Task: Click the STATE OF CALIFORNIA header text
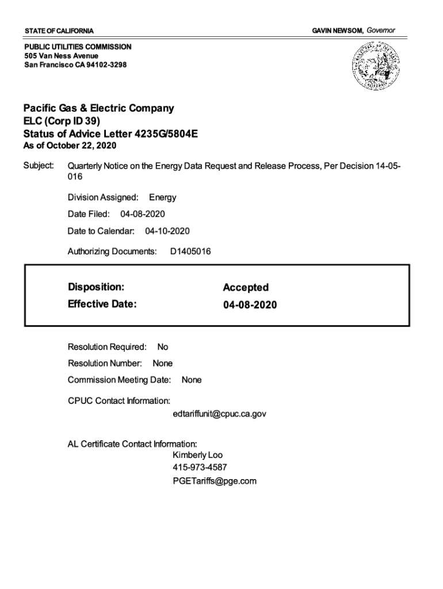click(x=59, y=30)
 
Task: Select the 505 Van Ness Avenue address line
click(x=61, y=56)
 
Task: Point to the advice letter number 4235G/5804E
click(x=166, y=133)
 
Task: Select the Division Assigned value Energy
click(x=162, y=197)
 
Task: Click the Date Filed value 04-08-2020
click(x=142, y=214)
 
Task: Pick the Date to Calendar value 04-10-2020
click(x=167, y=231)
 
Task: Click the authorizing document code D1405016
click(x=190, y=251)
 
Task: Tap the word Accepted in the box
click(x=246, y=287)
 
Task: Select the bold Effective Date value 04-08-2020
click(x=250, y=305)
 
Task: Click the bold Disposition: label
click(x=96, y=286)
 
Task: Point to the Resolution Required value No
click(x=163, y=347)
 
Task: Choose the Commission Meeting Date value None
click(x=192, y=380)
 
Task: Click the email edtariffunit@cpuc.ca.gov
click(x=219, y=414)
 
